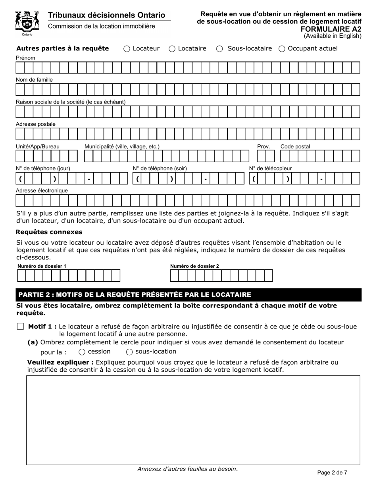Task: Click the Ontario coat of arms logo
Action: click(27, 23)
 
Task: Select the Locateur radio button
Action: click(127, 49)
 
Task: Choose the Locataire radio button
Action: click(172, 49)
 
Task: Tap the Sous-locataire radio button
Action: click(219, 49)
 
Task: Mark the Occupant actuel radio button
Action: click(282, 49)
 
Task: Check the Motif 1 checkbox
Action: click(20, 327)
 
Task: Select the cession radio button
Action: click(82, 352)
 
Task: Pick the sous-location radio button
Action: click(129, 352)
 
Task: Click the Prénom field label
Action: click(25, 58)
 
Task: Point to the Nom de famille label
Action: click(34, 80)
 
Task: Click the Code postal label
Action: click(295, 146)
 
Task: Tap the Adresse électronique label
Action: click(42, 190)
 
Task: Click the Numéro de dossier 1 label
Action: click(42, 266)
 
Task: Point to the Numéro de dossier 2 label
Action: click(194, 266)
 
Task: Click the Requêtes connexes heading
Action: click(49, 232)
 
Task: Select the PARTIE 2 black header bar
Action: click(188, 295)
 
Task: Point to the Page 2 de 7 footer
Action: click(332, 473)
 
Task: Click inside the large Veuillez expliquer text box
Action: click(193, 420)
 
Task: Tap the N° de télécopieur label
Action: click(270, 168)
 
